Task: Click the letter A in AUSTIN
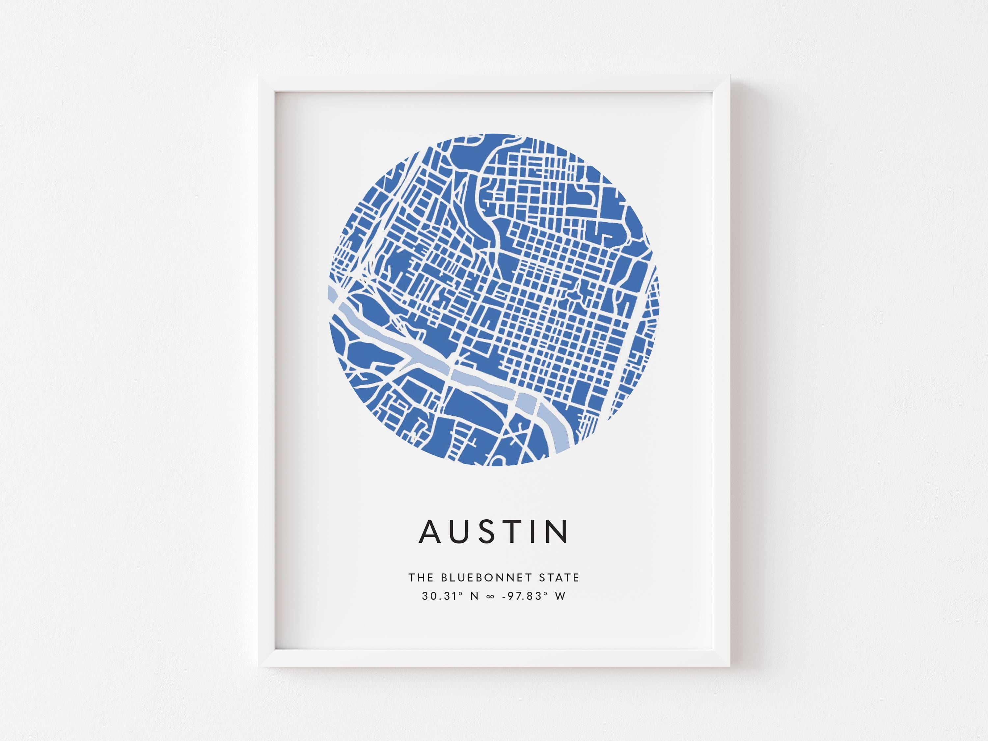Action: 430,531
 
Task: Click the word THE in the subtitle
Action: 421,578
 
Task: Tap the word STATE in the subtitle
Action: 559,578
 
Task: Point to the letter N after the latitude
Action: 474,596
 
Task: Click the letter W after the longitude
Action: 560,596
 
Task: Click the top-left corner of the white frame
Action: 260,77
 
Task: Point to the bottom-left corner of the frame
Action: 260,666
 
